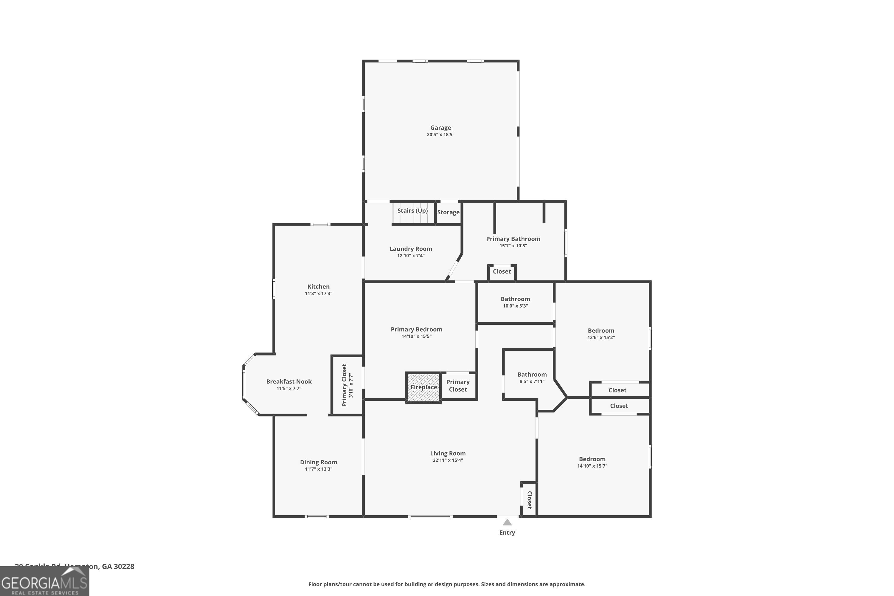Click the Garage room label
pos(440,128)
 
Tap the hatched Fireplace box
pos(423,387)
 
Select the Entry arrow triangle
pos(507,522)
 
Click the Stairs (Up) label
pos(412,211)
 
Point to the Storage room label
pos(448,212)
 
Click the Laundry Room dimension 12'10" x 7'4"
pos(411,255)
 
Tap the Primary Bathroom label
pos(513,239)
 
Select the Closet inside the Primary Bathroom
pos(502,271)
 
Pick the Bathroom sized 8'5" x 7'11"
pos(532,374)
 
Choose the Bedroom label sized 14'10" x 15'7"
pos(592,459)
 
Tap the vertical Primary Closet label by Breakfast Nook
pos(344,385)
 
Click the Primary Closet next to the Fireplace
pos(458,385)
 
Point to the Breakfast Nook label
pos(288,381)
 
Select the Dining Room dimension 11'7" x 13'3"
pos(318,469)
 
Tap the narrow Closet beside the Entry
pos(529,500)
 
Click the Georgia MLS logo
pos(44,582)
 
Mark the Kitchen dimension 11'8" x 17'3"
pos(318,294)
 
